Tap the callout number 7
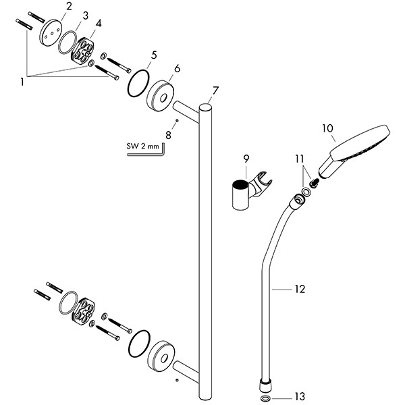point(215,90)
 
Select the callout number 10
point(328,128)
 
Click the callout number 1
point(24,82)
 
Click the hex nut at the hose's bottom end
point(263,384)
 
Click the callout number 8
point(169,134)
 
